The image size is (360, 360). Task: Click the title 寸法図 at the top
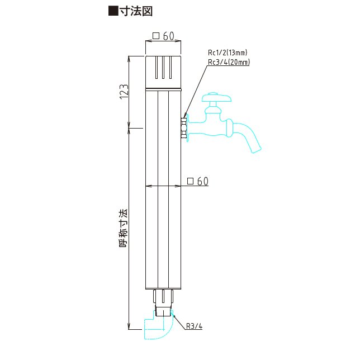pyautogui.click(x=136, y=11)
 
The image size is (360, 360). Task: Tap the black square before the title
pyautogui.click(x=113, y=11)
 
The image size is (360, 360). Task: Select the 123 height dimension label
pyautogui.click(x=124, y=92)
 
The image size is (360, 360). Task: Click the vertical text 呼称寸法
pyautogui.click(x=124, y=228)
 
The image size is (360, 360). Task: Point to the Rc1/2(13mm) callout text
pyautogui.click(x=228, y=53)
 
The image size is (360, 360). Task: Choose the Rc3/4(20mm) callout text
pyautogui.click(x=229, y=62)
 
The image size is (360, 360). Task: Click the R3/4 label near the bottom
pyautogui.click(x=194, y=326)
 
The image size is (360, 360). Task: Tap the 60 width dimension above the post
pyautogui.click(x=169, y=36)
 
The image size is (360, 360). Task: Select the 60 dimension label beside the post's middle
pyautogui.click(x=203, y=181)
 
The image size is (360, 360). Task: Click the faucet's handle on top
pyautogui.click(x=216, y=97)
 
